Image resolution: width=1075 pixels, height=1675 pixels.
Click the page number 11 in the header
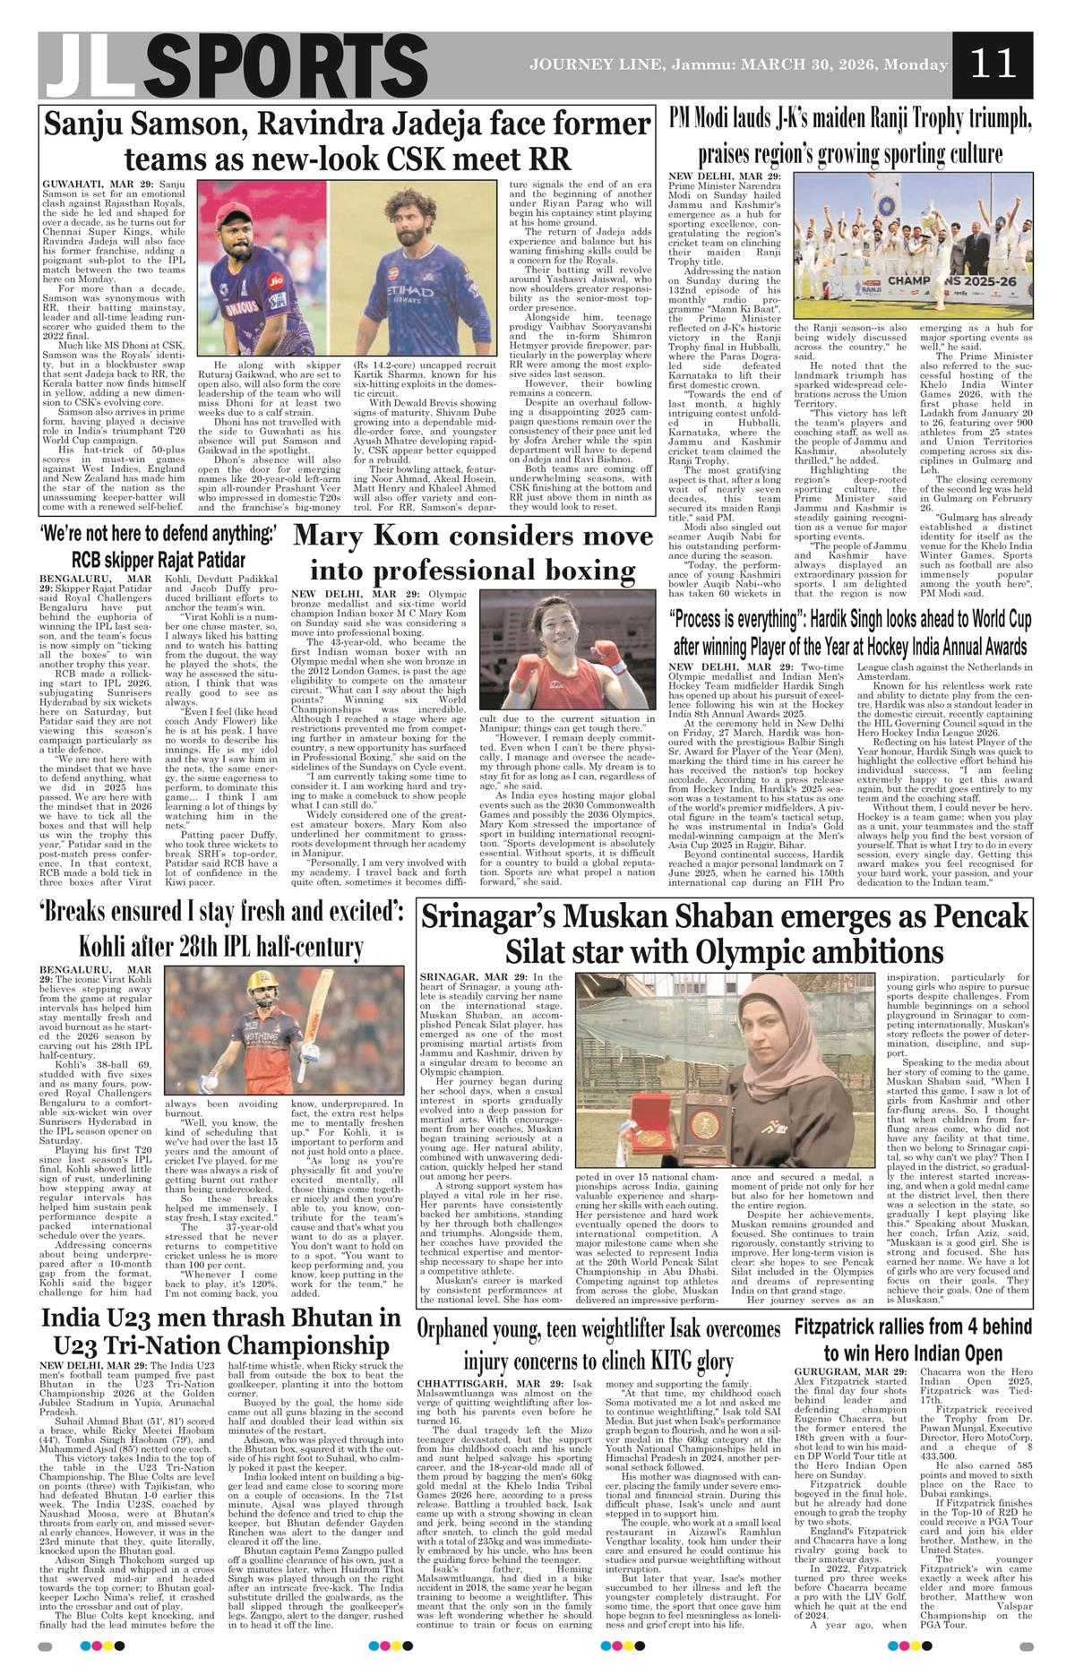tap(993, 64)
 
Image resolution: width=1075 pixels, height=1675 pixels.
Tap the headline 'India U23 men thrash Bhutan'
tap(221, 1331)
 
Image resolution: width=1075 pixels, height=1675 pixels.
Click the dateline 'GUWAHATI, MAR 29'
tap(91, 183)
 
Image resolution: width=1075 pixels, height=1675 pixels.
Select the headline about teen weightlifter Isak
tap(598, 1344)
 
